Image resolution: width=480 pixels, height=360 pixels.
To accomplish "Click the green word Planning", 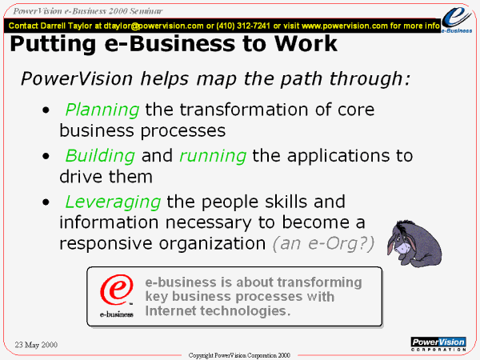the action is point(102,110).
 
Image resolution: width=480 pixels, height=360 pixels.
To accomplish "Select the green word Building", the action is point(100,156).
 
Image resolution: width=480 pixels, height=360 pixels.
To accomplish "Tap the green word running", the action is point(213,157).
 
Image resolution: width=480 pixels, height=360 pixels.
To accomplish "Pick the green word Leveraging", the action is point(113,202).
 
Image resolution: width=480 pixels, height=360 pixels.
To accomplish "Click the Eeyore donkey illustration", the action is point(414,244).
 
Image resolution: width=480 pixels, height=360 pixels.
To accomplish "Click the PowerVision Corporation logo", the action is point(438,344).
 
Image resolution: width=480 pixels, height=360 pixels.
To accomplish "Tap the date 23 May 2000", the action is point(36,345).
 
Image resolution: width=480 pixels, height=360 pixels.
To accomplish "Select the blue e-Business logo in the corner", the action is point(457,19).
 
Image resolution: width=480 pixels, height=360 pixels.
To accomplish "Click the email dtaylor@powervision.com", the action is point(154,26).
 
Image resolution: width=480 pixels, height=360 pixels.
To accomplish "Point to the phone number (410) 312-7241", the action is point(243,26).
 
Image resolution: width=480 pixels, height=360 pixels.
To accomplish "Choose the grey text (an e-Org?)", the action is point(323,244).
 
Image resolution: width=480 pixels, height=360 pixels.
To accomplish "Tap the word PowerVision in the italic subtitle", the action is point(77,78).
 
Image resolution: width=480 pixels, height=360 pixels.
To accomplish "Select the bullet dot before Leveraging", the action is point(46,202).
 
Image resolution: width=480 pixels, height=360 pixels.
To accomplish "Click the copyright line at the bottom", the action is point(239,355).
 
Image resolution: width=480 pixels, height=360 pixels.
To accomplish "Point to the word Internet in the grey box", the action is point(170,310).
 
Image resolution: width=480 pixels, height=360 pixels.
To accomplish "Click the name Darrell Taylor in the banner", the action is point(66,26).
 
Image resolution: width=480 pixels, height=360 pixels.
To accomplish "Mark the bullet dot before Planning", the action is point(46,110).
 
